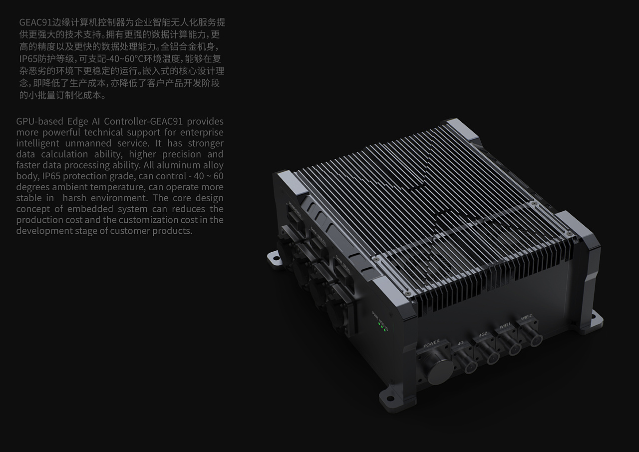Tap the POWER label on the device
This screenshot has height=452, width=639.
[431, 344]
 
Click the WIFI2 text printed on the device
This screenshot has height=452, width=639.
[526, 317]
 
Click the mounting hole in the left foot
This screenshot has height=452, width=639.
[273, 258]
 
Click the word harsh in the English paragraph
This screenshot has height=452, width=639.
[74, 198]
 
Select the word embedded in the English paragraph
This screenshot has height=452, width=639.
[107, 209]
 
